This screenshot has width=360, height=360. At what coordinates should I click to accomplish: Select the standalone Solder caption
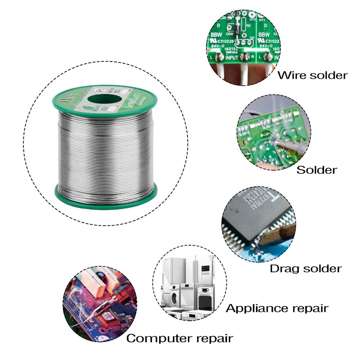click(317, 170)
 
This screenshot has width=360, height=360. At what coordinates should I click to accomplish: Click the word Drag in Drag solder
click(283, 269)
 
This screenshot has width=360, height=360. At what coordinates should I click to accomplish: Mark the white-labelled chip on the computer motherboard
click(107, 317)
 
